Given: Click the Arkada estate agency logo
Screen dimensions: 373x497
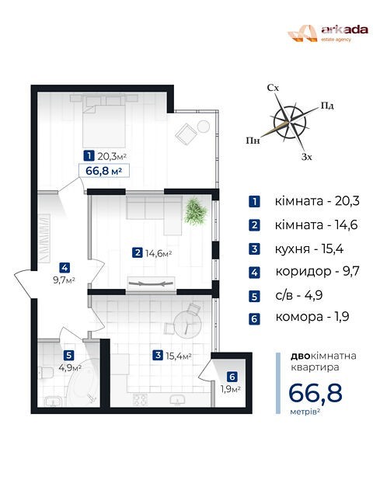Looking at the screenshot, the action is pos(328,33).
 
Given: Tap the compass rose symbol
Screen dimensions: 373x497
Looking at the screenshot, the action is pos(290,123).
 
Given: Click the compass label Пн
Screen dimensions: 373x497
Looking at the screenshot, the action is pos(253,140).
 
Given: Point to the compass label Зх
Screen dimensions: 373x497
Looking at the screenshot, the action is pos(307,157).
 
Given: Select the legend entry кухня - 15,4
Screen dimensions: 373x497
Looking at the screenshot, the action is pos(309,249).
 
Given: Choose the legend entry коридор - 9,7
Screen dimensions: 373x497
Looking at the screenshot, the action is pos(317,271).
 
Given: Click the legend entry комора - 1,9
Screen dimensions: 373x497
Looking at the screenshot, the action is pos(312,317).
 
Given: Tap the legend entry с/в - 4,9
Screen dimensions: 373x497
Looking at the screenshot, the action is pos(298,295).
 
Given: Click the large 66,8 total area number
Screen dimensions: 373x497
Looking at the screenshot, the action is pos(315,393).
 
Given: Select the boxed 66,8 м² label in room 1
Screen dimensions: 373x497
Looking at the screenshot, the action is pos(104,171).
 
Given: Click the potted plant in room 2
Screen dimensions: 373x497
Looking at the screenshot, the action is pos(195,210).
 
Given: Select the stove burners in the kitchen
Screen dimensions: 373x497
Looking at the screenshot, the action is pos(140,399).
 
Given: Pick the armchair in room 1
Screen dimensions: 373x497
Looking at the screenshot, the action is pos(186,134).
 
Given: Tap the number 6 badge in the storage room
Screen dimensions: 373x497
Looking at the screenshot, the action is pos(232,377).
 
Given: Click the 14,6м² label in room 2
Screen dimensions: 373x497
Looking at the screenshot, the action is pos(159,253).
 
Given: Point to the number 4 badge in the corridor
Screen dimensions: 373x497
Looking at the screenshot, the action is pos(64,268).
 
